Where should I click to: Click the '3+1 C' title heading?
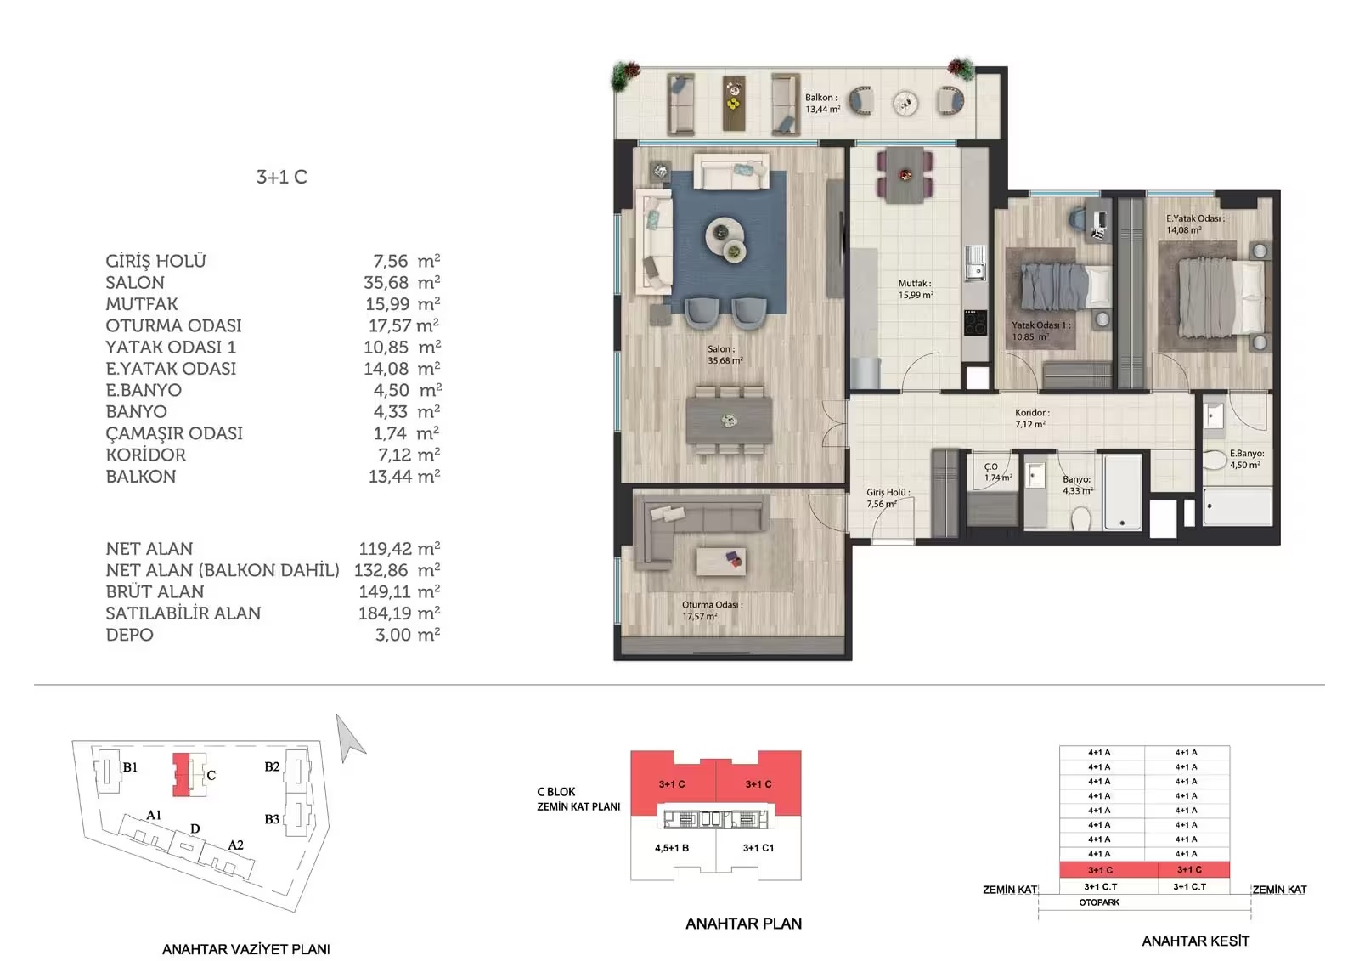coord(281,177)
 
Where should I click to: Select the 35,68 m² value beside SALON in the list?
coord(402,282)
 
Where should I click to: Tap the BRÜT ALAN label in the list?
coord(155,591)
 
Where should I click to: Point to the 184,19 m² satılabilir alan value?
coord(399,613)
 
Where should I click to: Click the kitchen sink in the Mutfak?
coord(976,263)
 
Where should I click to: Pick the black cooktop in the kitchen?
coord(976,322)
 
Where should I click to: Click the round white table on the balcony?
coord(905,103)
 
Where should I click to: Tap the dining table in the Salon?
coord(730,420)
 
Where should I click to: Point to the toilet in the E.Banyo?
coord(1215,460)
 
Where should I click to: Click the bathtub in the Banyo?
coord(1122,492)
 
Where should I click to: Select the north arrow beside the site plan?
coord(351,738)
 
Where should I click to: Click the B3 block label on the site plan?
coord(272,819)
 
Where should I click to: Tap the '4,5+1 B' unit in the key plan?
coord(672,848)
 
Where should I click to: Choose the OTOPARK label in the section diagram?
coord(1099,902)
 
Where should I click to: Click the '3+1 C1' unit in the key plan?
coord(758,848)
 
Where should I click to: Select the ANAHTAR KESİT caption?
coord(1195,941)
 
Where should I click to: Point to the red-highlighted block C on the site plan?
coord(182,775)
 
